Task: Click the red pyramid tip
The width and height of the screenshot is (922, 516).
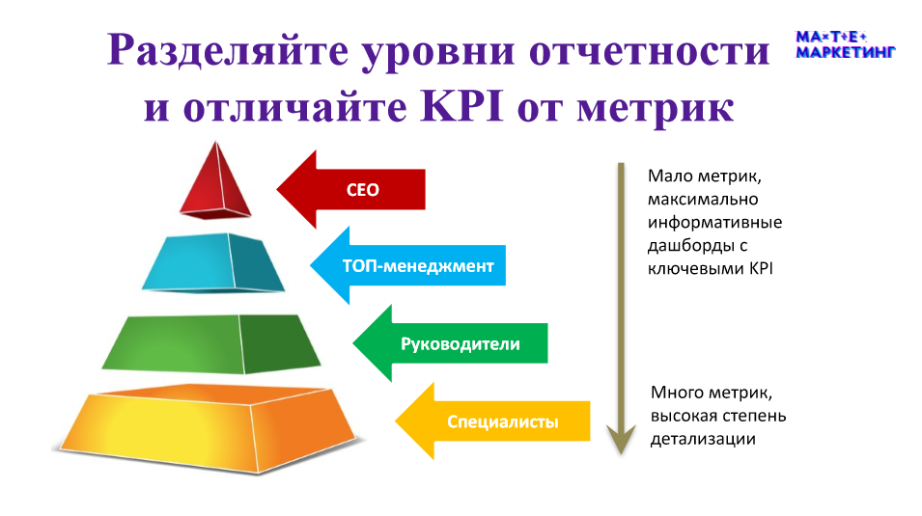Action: pos(216,181)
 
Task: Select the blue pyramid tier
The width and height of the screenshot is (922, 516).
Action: pos(213,262)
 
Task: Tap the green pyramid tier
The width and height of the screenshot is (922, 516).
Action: pos(211,343)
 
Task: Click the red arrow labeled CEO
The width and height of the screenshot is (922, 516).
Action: pos(351,189)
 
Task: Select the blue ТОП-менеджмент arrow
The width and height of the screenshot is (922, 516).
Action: pos(408,265)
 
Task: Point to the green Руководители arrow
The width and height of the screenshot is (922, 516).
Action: pos(451,343)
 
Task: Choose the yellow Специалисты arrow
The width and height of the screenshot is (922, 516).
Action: pos(492,421)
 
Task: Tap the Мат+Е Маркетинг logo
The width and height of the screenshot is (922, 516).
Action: pos(845,44)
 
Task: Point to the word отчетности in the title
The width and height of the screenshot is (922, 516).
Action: pos(649,51)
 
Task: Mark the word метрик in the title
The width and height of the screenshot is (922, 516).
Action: pos(655,109)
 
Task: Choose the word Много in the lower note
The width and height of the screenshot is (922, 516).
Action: pos(678,392)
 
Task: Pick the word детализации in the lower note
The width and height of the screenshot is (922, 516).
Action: pos(703,439)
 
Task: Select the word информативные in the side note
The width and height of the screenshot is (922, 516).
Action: pos(715,222)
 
